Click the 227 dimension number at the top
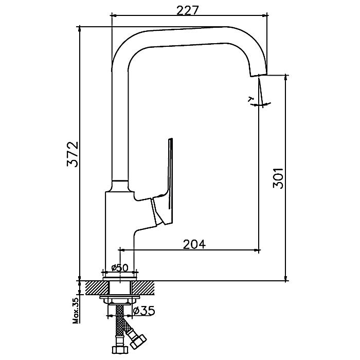click(x=187, y=10)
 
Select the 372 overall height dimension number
click(x=73, y=154)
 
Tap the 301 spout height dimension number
click(x=278, y=178)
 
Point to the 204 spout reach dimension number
click(x=194, y=244)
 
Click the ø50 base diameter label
click(x=119, y=267)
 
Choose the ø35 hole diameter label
click(x=144, y=311)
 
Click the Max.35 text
click(x=76, y=310)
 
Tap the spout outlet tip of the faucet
click(x=259, y=75)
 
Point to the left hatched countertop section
click(x=97, y=287)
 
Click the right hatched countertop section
click(x=143, y=287)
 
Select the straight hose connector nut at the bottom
click(x=120, y=350)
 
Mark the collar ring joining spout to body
click(x=120, y=186)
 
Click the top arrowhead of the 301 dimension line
click(x=286, y=77)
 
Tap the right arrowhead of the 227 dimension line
click(x=265, y=15)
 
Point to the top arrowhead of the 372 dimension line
click(x=79, y=29)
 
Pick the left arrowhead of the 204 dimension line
click(x=123, y=250)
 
